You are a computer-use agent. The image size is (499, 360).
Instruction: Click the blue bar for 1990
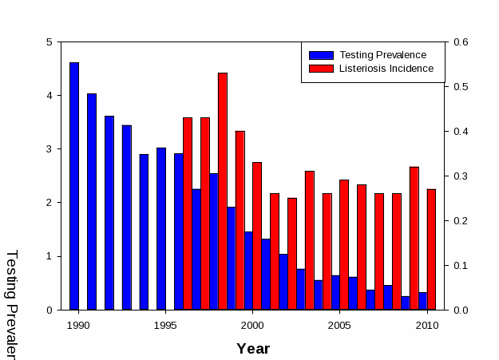tap(74, 186)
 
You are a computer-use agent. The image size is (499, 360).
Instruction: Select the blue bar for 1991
tap(92, 201)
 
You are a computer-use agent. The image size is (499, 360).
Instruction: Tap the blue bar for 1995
tap(161, 228)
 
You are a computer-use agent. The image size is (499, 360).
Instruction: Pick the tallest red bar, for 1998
tap(223, 191)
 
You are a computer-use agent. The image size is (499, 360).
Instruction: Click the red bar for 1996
tap(188, 213)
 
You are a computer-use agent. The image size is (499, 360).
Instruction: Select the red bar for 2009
tap(414, 238)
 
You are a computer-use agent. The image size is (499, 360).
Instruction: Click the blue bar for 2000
tap(248, 271)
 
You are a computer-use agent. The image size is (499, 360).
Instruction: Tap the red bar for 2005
tap(344, 244)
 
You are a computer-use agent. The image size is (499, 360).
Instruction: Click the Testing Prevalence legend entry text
tap(382, 55)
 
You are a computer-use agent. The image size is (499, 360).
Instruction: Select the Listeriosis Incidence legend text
tap(386, 69)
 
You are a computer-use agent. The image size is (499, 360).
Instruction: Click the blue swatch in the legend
tap(321, 55)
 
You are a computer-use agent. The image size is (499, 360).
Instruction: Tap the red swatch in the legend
tap(321, 69)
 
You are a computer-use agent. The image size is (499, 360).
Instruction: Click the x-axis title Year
tap(253, 349)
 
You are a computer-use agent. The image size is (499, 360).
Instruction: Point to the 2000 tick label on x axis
tap(252, 325)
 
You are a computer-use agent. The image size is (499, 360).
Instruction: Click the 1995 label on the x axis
tap(165, 325)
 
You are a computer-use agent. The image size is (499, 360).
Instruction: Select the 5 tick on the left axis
tap(50, 42)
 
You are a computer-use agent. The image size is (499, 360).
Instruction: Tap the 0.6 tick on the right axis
tap(461, 42)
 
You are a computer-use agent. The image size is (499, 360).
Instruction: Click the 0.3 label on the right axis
tap(461, 176)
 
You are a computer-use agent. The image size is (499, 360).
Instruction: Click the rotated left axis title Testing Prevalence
tap(12, 303)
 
